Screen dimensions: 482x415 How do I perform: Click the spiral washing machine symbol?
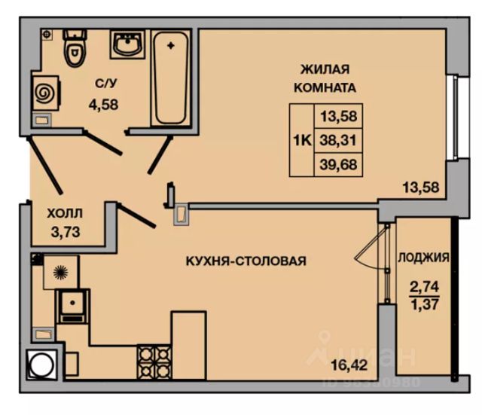(x=44, y=93)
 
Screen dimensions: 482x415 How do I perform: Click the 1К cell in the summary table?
(x=301, y=139)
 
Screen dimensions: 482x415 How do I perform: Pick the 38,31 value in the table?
(x=338, y=139)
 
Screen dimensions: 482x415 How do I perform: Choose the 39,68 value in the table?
(x=338, y=163)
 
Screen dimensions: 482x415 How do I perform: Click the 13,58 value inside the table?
(x=338, y=116)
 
